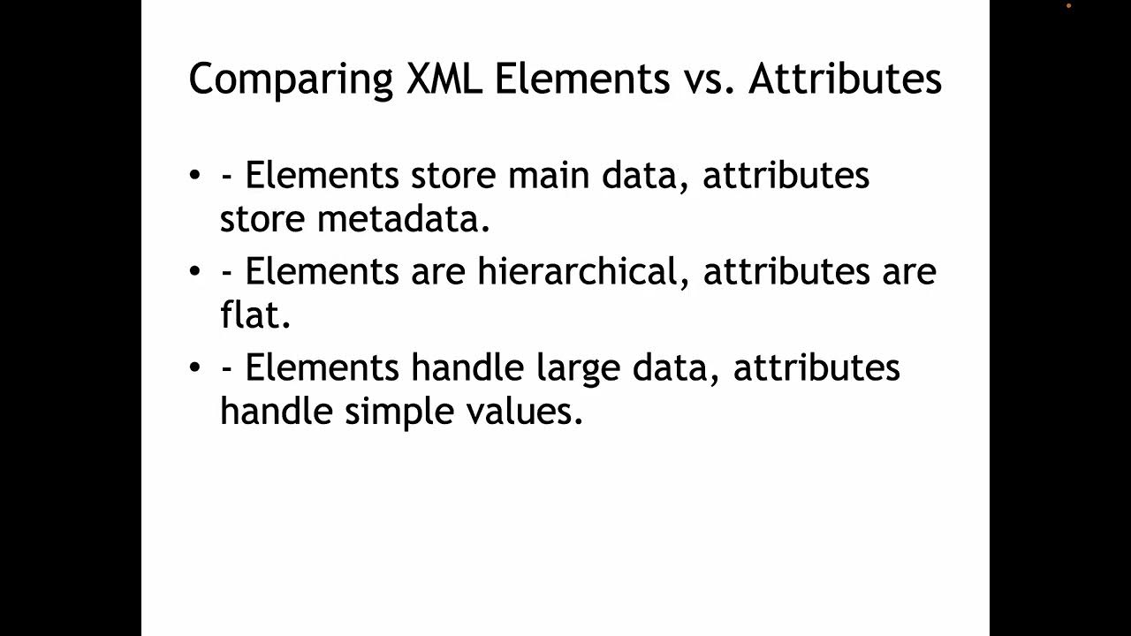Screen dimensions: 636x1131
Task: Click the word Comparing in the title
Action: point(291,79)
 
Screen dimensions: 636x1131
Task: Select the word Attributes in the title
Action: point(845,79)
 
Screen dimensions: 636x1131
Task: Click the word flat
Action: point(255,315)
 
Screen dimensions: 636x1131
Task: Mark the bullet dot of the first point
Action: point(195,175)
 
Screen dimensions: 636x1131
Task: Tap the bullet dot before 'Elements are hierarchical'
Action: point(195,270)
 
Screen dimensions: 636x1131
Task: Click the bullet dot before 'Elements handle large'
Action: point(195,366)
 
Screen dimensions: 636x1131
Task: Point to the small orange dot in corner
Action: point(1068,5)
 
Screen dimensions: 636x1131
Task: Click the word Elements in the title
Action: point(581,79)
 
